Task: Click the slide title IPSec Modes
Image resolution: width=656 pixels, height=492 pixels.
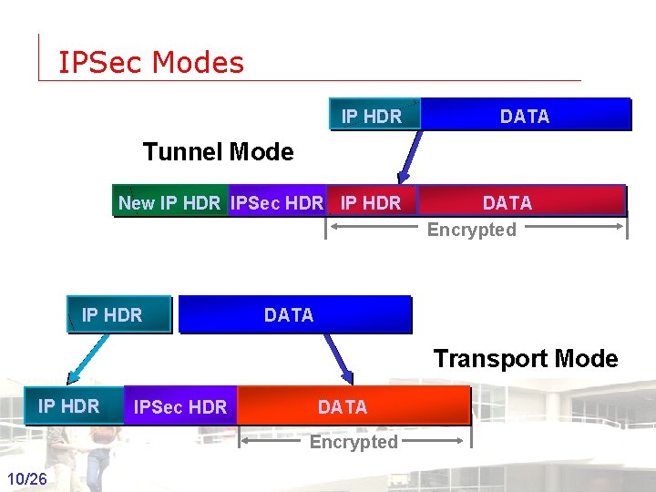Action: tap(150, 62)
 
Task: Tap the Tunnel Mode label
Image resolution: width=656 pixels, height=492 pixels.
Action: tap(218, 151)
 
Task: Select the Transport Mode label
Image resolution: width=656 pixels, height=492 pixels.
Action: tap(525, 358)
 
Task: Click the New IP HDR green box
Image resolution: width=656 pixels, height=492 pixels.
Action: tap(169, 202)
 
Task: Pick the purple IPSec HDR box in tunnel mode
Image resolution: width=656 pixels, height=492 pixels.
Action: tap(277, 202)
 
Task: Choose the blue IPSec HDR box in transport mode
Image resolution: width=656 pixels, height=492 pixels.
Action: tap(179, 406)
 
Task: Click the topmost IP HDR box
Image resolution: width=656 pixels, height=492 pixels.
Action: tap(373, 116)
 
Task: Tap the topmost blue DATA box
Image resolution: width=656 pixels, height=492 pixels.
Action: tap(525, 116)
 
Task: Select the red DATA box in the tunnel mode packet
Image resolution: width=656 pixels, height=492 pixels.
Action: tap(507, 201)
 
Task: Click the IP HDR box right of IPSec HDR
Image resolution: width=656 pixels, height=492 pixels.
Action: tap(370, 202)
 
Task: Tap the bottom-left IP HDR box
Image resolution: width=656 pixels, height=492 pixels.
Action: tap(69, 405)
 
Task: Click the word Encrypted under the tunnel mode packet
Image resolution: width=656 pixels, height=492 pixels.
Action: tap(471, 230)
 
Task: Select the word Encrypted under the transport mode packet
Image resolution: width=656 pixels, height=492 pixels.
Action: tap(354, 442)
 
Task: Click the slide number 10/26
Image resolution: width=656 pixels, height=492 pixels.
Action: tap(27, 478)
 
